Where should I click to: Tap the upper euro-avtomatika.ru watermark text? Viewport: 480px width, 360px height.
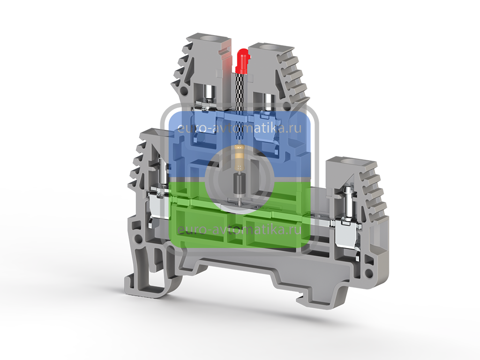(x=240, y=128)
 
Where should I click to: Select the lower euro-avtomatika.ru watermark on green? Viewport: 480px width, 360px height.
(x=240, y=229)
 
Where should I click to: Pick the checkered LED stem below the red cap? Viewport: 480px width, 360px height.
(x=240, y=92)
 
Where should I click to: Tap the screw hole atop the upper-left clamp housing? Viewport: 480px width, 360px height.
(x=210, y=39)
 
